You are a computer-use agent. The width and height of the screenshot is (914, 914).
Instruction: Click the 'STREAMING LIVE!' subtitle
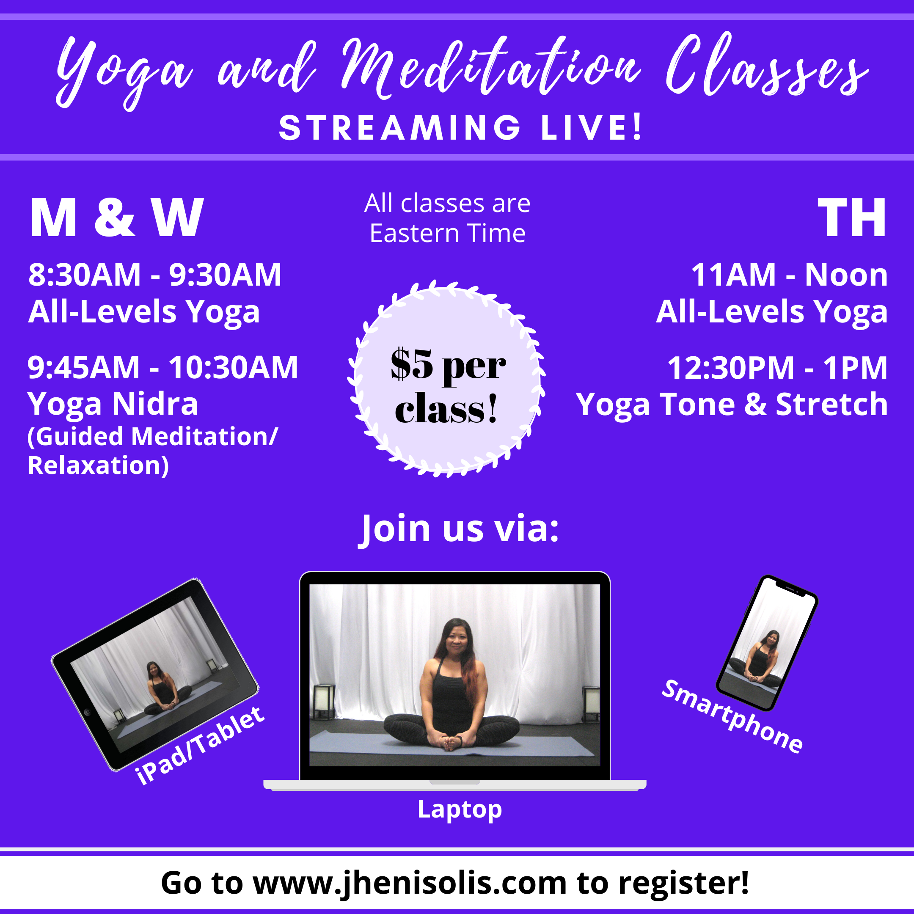point(461,128)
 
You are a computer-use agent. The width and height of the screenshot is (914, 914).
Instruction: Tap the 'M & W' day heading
point(116,217)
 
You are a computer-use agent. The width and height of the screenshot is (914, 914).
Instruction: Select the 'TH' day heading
point(852,217)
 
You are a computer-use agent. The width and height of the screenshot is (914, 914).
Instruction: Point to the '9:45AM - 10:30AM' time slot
point(163,367)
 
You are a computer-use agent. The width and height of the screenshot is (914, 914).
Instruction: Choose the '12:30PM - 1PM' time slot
point(777,368)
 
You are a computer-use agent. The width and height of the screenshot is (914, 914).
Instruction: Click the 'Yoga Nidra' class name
point(113,404)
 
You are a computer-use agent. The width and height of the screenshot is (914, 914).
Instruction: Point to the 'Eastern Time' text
point(448,233)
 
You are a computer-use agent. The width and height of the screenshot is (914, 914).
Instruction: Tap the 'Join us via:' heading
point(458,529)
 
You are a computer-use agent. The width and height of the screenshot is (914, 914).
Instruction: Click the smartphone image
point(767,643)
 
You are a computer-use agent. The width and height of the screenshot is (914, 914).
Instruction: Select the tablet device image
point(155,674)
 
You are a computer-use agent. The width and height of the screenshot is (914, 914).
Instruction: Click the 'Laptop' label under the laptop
point(460,809)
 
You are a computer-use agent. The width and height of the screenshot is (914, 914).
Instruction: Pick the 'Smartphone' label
point(732,716)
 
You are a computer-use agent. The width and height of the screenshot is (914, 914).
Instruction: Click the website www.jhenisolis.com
point(410,883)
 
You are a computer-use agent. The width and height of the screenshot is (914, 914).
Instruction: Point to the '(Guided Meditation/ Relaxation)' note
point(152,450)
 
